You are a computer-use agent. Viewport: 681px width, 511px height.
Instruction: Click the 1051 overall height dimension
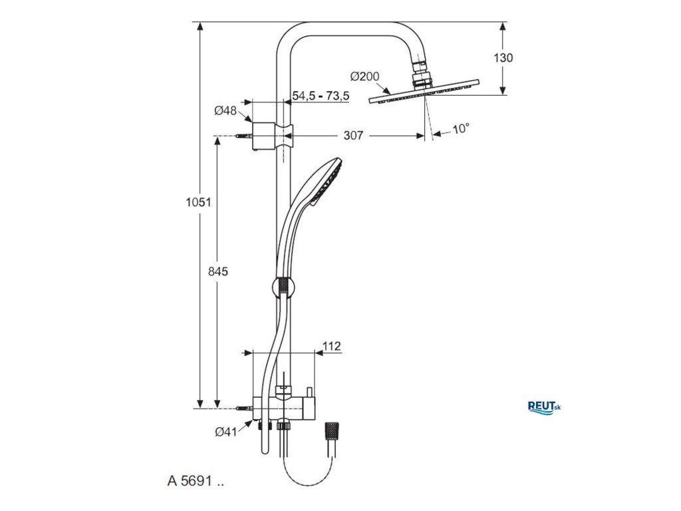[198, 202]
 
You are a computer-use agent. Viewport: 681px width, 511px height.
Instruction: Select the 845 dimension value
[218, 271]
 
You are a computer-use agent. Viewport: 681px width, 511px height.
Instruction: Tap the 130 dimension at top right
[503, 58]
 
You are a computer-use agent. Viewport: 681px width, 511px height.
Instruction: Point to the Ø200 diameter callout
[365, 77]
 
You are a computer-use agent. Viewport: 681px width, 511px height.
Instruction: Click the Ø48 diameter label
[225, 111]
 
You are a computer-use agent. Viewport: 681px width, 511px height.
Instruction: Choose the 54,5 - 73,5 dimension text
[321, 96]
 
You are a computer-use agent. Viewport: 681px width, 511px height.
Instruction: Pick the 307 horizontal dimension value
[353, 136]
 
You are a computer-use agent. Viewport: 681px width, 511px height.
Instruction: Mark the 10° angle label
[461, 129]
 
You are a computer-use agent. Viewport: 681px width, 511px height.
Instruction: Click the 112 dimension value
[332, 346]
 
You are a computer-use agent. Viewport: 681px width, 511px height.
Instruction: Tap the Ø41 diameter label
[226, 431]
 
